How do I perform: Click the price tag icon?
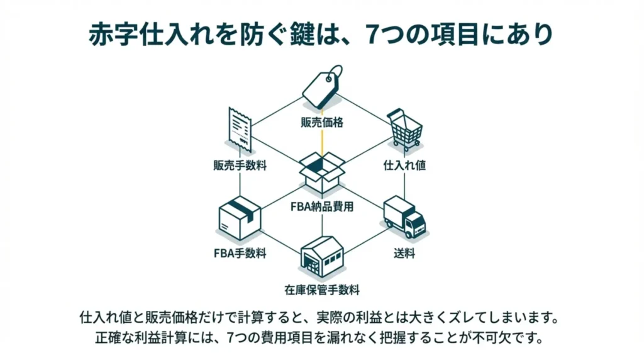pyautogui.click(x=322, y=87)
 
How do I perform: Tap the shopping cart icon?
pyautogui.click(x=404, y=128)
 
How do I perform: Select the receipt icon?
pyautogui.click(x=240, y=128)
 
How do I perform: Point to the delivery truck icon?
pyautogui.click(x=404, y=217)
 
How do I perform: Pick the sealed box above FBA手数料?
pyautogui.click(x=240, y=217)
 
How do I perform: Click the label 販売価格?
pyautogui.click(x=322, y=122)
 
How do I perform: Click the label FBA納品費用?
pyautogui.click(x=322, y=206)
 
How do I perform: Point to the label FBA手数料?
pyautogui.click(x=240, y=254)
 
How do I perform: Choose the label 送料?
pyautogui.click(x=404, y=254)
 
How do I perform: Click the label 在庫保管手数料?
pyautogui.click(x=322, y=290)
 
